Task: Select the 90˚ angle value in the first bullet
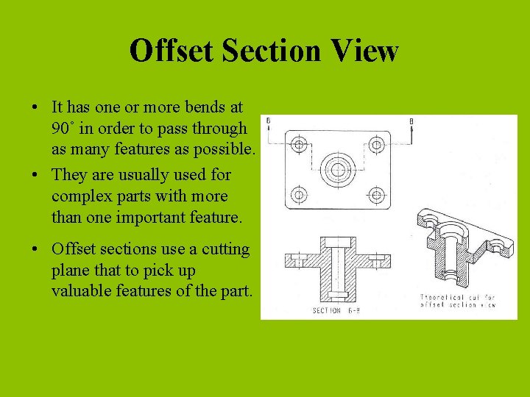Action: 63,129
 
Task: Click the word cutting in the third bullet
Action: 225,249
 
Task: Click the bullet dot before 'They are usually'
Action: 36,176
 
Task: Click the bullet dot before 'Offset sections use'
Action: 36,250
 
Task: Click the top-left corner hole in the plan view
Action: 299,144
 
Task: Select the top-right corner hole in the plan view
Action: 377,144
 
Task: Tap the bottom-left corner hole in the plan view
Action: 299,196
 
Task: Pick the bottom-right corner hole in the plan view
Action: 377,196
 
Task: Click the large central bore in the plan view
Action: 337,169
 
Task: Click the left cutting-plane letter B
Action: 269,120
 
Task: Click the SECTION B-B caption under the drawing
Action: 337,311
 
